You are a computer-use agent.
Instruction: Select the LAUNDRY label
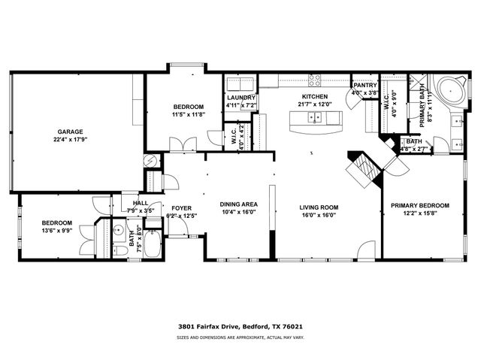click(x=241, y=98)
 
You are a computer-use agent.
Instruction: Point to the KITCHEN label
click(x=314, y=97)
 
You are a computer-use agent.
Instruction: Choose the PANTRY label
click(x=365, y=86)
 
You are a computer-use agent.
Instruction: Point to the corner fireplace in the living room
click(x=365, y=165)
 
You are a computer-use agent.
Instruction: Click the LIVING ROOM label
click(x=318, y=207)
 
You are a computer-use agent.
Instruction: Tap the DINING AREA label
click(x=238, y=204)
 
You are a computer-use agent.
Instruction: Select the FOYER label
click(x=180, y=208)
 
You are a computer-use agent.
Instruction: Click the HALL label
click(x=141, y=202)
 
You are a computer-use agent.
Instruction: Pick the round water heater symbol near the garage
click(x=151, y=160)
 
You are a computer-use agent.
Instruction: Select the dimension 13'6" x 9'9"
click(x=56, y=231)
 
